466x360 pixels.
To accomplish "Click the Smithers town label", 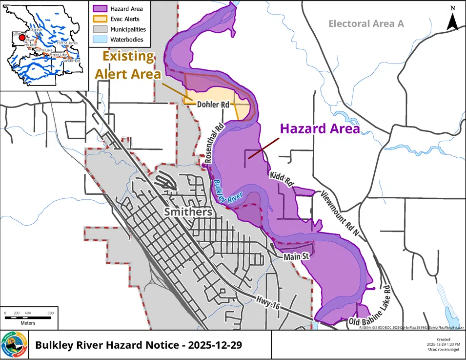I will point(188,212).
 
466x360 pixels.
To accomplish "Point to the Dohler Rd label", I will point(213,105).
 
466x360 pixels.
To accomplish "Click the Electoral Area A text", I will point(366,23).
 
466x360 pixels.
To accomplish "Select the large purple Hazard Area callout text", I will point(319,129).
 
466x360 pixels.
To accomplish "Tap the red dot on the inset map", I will point(21,37).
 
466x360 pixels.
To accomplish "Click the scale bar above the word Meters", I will point(28,318).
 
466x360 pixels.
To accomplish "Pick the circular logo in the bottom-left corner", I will point(14,344).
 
